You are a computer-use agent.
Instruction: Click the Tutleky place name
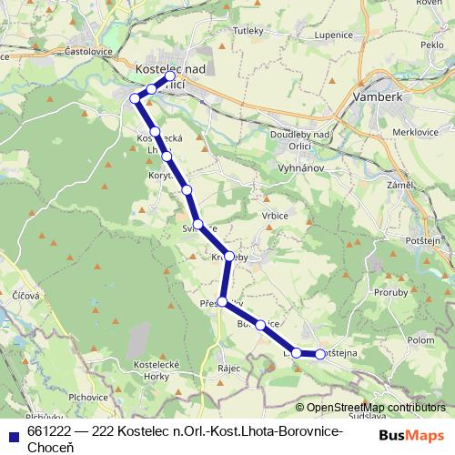point(248,31)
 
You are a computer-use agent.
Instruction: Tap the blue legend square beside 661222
point(13,433)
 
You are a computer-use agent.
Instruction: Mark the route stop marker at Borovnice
point(260,324)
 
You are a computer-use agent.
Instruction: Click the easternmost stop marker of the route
point(320,354)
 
